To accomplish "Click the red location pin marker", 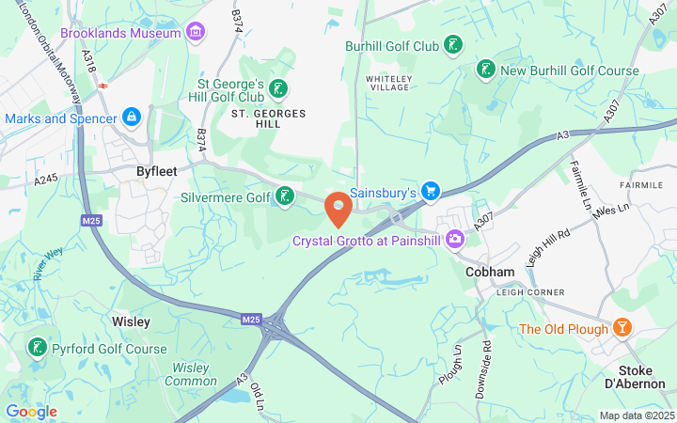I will [338, 208].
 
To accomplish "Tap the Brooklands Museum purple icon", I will [195, 33].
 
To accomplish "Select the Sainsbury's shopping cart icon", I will [431, 192].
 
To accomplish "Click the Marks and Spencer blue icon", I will [133, 117].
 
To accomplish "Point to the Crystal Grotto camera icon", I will [455, 241].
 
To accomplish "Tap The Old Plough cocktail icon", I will [622, 328].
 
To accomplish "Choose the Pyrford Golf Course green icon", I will [37, 348].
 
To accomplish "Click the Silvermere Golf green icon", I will [283, 197].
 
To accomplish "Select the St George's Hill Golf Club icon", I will [278, 89].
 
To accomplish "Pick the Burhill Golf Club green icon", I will [454, 44].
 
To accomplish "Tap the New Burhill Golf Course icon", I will [485, 70].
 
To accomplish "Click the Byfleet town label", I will [155, 172].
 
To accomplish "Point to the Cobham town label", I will [490, 272].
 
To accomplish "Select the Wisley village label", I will [131, 321].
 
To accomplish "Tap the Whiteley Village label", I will [389, 81].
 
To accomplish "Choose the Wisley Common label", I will [191, 373].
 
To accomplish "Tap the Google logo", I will [31, 412].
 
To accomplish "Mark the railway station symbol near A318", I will [102, 84].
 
